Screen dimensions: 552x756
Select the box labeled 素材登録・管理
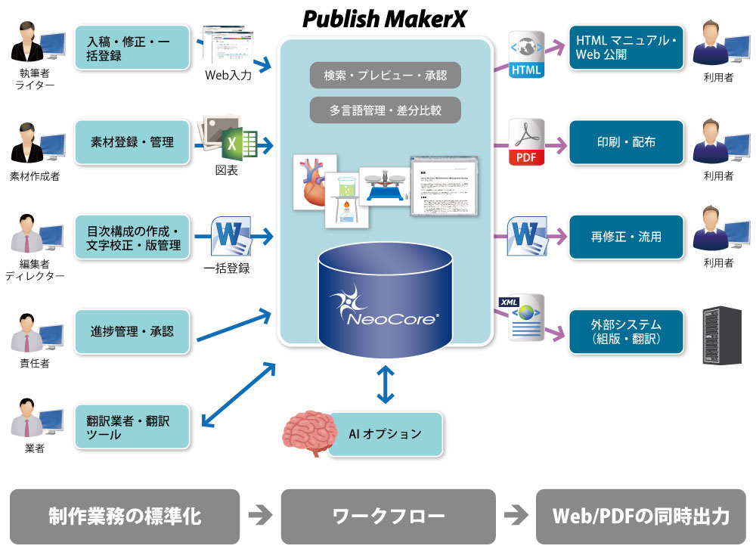coord(132,142)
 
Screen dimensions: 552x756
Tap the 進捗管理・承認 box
coord(132,331)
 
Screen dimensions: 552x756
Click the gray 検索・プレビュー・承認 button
coord(385,76)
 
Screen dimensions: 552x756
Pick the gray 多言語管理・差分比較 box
coord(385,110)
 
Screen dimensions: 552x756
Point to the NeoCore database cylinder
coord(385,302)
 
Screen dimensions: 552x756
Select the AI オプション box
coord(385,434)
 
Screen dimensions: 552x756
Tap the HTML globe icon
coord(527,54)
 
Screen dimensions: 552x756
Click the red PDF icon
coord(527,143)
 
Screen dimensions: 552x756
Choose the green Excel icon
coord(240,141)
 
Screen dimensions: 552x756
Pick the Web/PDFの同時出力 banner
coord(640,517)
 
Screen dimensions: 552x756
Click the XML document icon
coord(525,318)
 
